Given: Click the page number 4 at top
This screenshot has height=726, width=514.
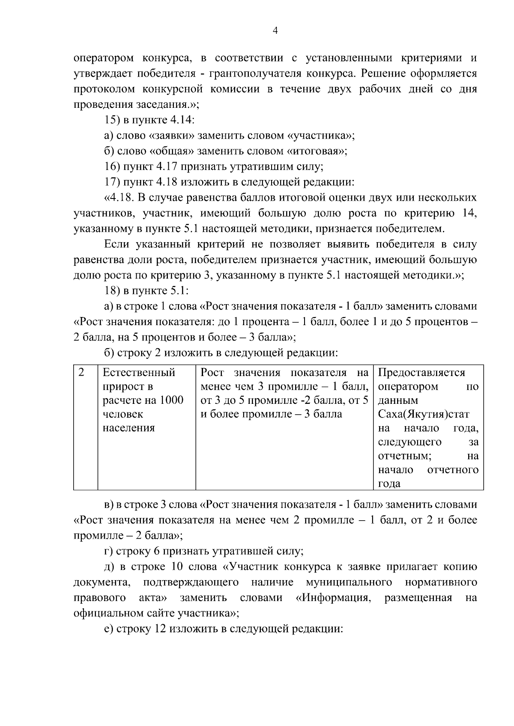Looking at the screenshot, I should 275,30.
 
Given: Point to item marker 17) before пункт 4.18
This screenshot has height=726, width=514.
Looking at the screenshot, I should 112,182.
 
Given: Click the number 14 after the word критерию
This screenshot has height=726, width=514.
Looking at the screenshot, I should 469,213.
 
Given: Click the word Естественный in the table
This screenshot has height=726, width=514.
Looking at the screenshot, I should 139,373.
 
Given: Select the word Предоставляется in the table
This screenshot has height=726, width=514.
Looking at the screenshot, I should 421,373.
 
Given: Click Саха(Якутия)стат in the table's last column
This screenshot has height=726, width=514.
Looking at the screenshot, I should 423,414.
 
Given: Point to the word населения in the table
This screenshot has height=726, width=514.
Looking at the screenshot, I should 128,428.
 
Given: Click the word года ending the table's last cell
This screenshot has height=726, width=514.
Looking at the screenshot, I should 389,483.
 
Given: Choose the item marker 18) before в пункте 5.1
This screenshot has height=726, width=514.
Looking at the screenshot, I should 112,290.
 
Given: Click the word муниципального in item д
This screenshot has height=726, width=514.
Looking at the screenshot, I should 349,582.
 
